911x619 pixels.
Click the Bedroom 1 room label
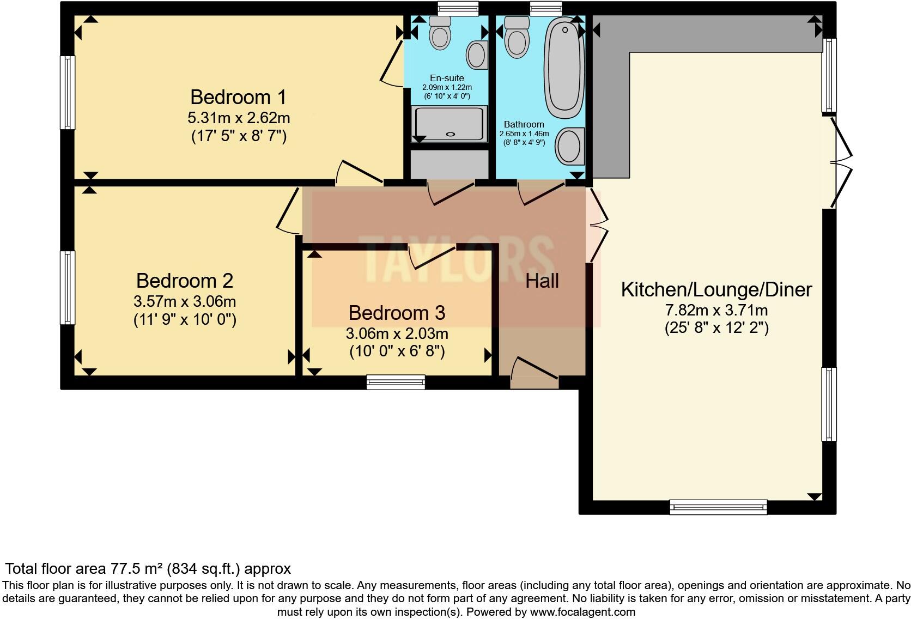[238, 98]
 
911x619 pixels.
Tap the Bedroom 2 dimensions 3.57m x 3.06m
[185, 301]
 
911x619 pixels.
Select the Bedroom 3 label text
[397, 313]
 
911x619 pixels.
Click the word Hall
[542, 281]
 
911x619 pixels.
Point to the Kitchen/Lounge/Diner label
[716, 289]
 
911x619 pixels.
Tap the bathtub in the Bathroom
[565, 66]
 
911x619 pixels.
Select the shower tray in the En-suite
[449, 124]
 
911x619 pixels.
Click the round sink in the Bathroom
[569, 145]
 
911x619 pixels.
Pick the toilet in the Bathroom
[517, 37]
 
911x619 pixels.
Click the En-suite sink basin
[477, 55]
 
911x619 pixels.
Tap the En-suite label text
[447, 78]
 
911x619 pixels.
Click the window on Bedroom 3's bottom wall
[396, 382]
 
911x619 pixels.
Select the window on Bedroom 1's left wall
[68, 92]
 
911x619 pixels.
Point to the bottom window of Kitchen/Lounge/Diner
[718, 507]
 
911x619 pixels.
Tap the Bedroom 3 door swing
[433, 257]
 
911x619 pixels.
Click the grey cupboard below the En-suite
[449, 164]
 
